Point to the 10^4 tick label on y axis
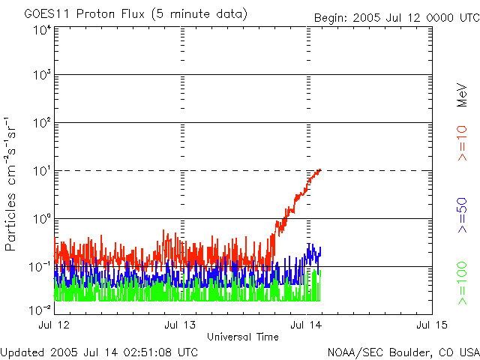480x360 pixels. click(42, 29)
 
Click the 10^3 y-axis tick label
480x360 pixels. click(42, 75)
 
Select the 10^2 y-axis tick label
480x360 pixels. click(42, 122)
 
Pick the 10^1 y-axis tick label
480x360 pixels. click(42, 170)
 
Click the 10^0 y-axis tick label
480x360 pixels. click(42, 218)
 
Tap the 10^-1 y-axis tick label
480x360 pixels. click(40, 266)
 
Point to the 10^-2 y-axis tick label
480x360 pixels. click(40, 308)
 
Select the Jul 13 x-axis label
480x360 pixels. click(180, 325)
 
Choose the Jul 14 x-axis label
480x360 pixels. click(307, 325)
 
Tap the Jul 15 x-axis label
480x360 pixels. click(431, 325)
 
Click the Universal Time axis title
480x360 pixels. click(242, 337)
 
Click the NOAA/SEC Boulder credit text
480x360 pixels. click(403, 352)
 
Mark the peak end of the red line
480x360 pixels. click(320, 169)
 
